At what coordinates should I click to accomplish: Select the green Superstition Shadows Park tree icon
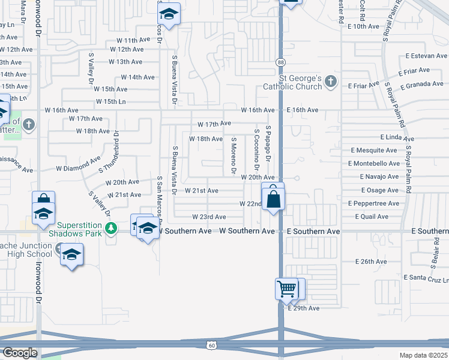(x=111, y=227)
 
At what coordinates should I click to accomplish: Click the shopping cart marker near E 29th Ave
(x=286, y=289)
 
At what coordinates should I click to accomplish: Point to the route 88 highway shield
(x=280, y=62)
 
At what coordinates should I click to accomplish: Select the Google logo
(x=20, y=353)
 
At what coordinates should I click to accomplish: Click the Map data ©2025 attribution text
(x=424, y=355)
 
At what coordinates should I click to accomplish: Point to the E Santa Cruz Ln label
(x=426, y=278)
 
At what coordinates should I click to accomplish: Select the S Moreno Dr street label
(x=234, y=156)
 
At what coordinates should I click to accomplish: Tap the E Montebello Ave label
(x=373, y=163)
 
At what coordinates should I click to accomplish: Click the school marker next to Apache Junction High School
(x=71, y=254)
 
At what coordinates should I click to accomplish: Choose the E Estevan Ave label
(x=426, y=56)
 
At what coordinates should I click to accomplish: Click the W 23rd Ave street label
(x=209, y=217)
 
